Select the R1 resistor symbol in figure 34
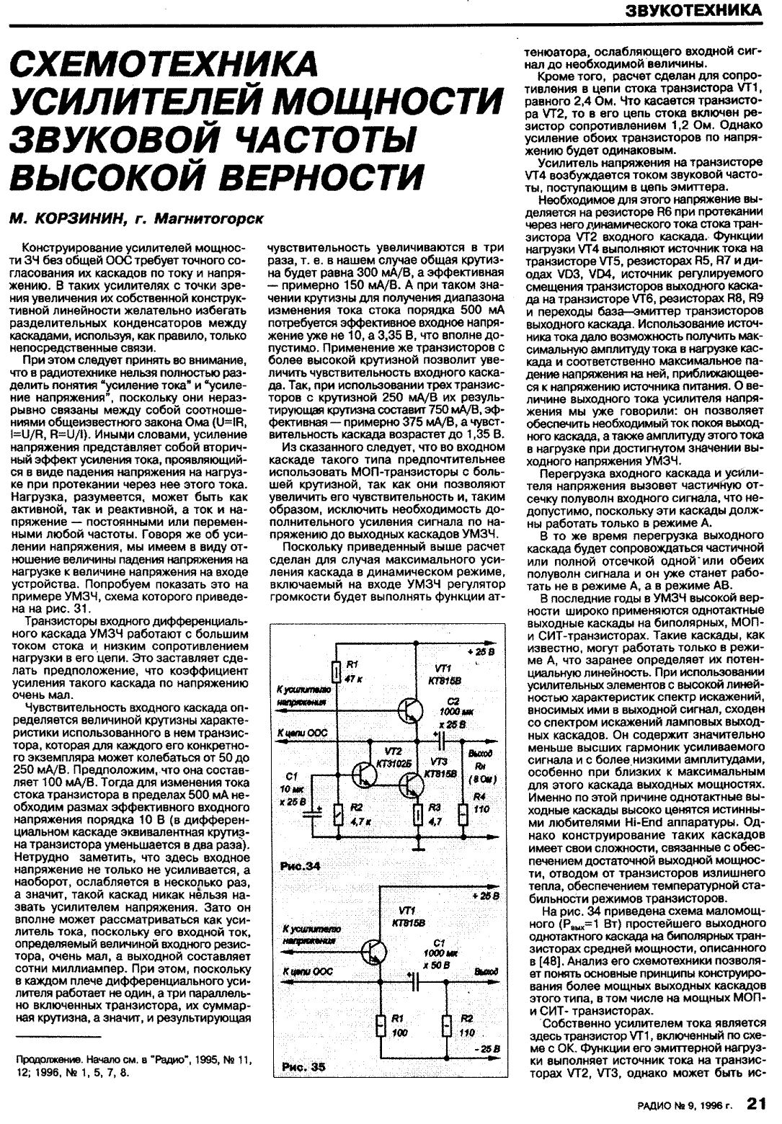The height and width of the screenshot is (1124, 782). point(337,672)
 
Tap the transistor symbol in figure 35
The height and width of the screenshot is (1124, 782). point(377,951)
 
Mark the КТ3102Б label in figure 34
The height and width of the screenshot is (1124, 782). point(393,762)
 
